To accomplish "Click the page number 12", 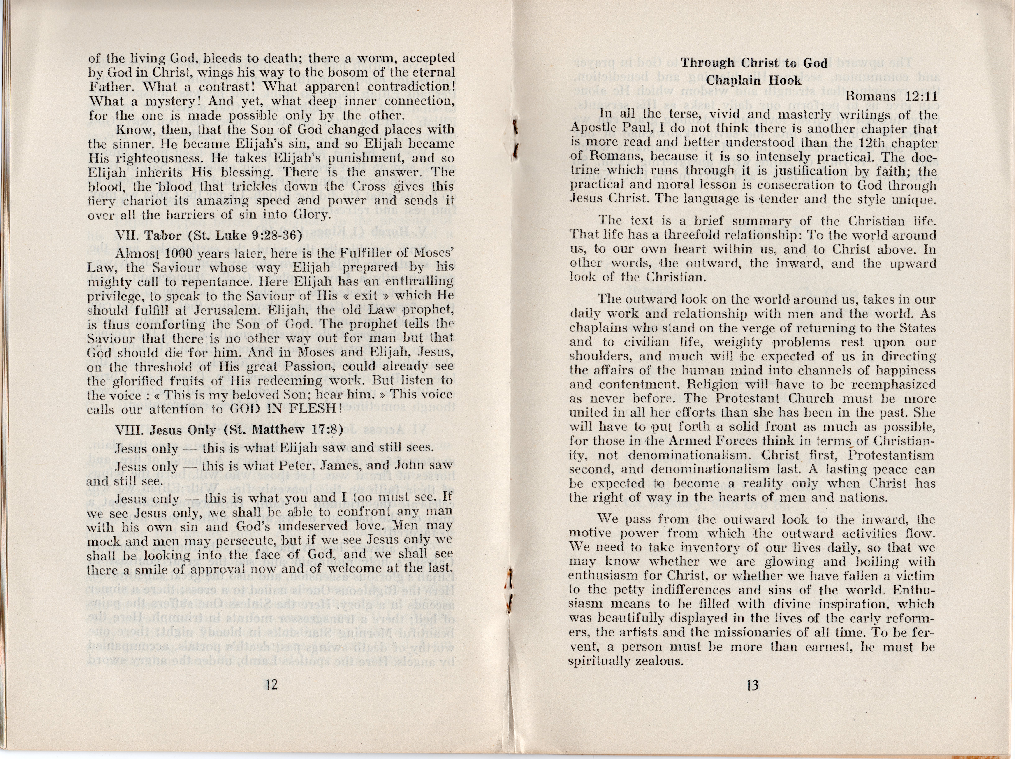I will click(272, 686).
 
